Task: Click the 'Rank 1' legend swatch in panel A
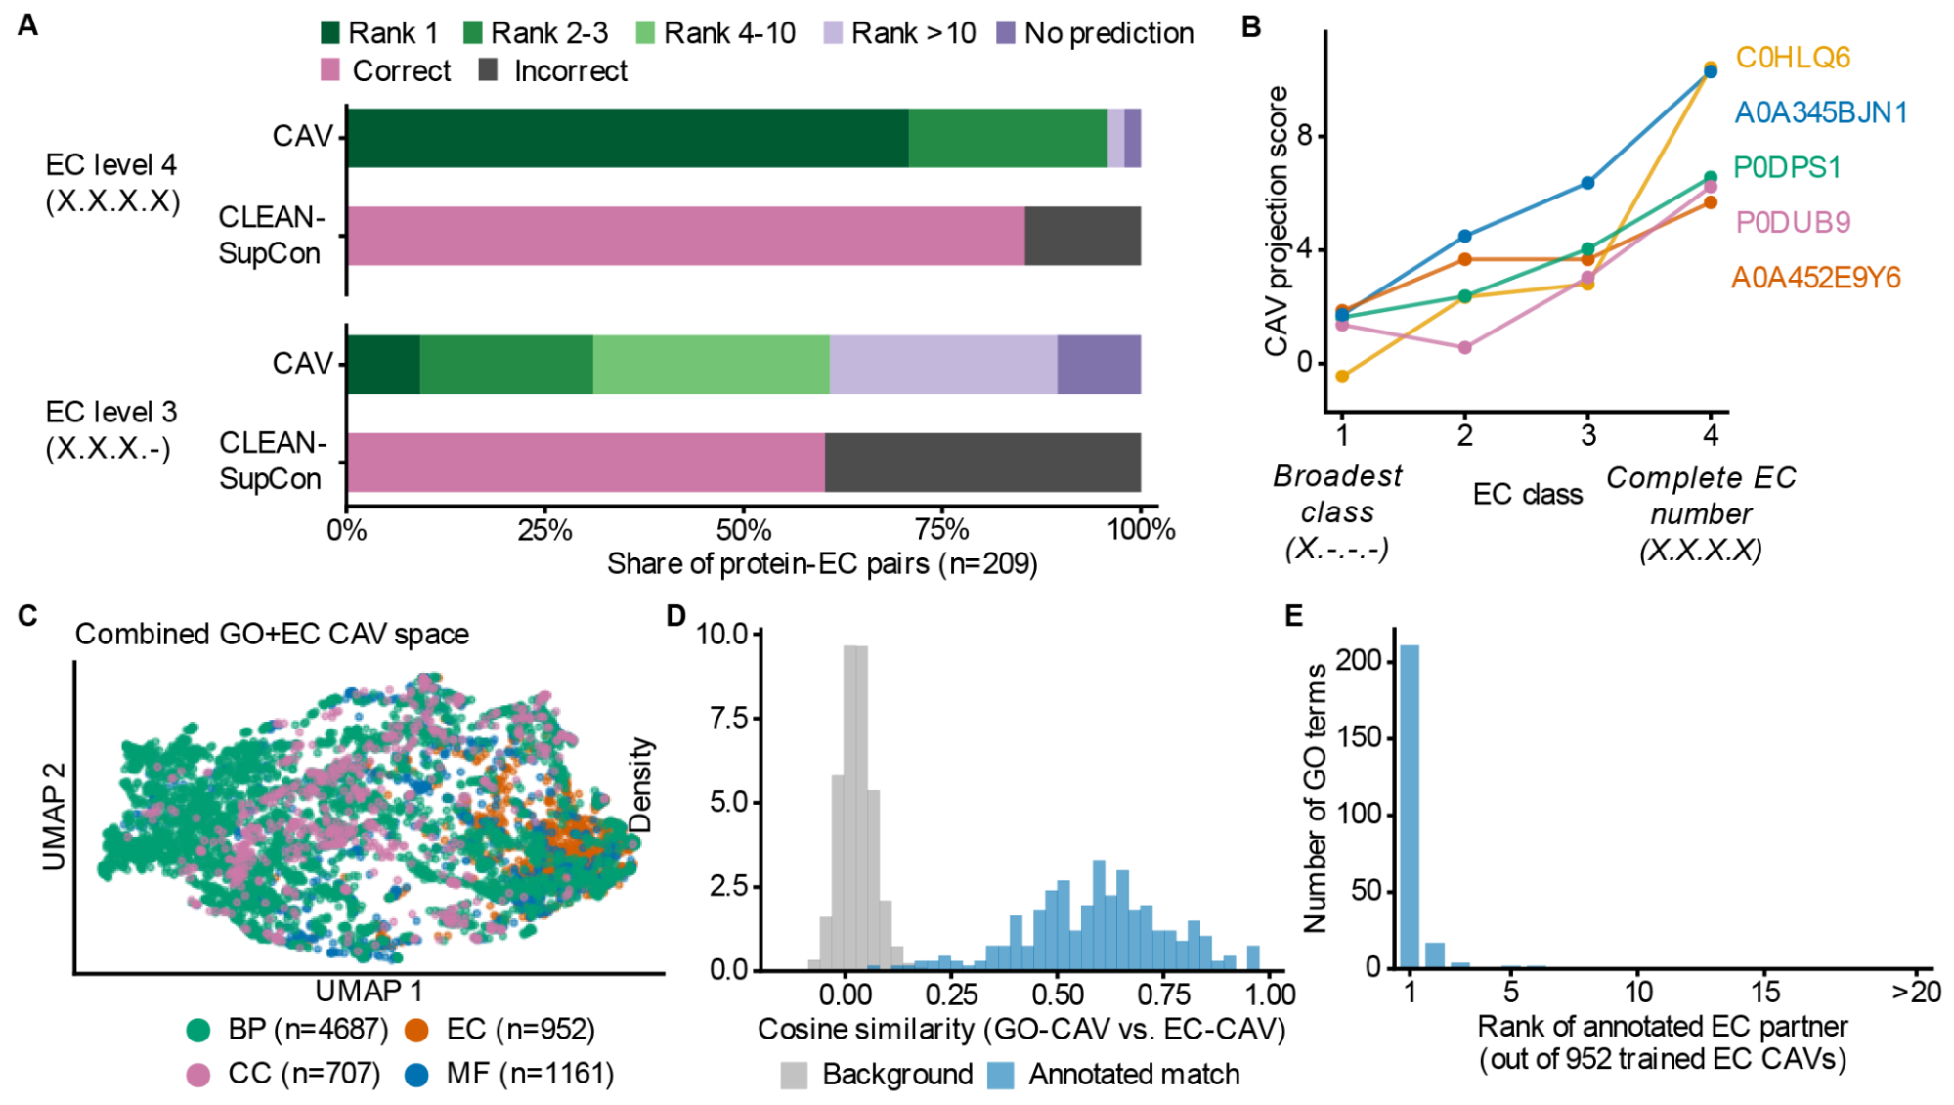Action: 330,33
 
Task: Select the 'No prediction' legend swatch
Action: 1006,33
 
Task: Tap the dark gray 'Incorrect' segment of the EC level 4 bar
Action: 1083,236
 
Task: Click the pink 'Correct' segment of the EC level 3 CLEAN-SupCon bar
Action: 586,463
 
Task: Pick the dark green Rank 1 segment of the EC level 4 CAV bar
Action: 629,138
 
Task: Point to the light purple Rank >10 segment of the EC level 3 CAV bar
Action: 943,365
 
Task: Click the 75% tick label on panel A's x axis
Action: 941,530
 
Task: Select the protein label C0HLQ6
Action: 1793,58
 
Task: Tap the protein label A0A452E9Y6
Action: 1816,278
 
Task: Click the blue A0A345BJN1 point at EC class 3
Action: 1587,183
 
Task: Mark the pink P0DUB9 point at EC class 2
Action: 1464,348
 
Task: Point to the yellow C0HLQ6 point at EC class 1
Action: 1342,376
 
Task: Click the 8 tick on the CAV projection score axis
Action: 1305,136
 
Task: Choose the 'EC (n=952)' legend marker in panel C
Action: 416,1030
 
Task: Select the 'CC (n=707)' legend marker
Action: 198,1075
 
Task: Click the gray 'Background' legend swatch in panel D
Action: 794,1076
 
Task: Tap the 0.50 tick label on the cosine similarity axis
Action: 1057,995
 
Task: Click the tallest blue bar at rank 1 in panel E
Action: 1410,807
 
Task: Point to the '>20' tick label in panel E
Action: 1917,993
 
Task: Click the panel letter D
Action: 675,616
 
